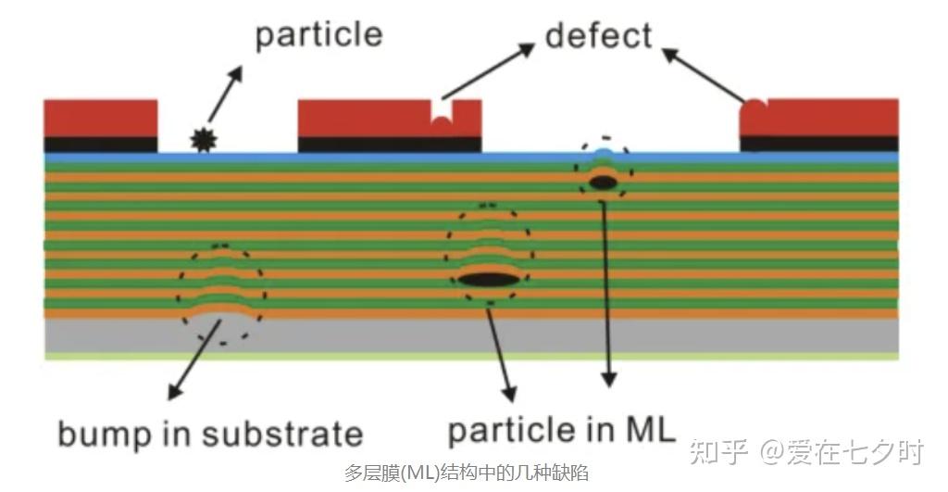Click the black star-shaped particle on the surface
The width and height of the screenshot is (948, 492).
click(201, 140)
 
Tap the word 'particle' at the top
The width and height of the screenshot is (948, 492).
click(318, 36)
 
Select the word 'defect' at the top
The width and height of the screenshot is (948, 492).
click(598, 36)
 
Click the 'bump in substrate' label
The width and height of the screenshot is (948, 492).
click(209, 433)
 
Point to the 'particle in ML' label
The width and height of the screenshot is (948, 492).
click(561, 430)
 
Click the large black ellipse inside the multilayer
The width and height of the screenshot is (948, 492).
click(488, 279)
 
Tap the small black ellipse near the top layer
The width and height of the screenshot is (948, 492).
click(603, 183)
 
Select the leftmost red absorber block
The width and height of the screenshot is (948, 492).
click(100, 118)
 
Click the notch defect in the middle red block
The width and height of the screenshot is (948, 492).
click(442, 120)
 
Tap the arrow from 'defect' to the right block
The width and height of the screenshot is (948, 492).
click(704, 75)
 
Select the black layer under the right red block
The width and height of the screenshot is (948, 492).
click(818, 143)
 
